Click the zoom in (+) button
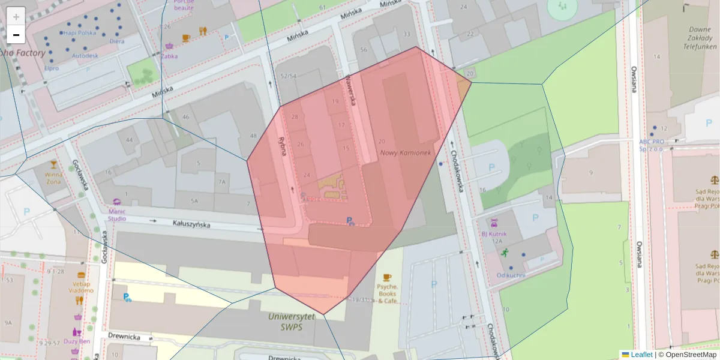click(x=16, y=16)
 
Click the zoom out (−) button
click(x=16, y=35)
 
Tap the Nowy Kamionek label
click(x=406, y=153)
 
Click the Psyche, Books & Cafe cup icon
click(x=387, y=277)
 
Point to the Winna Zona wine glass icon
click(x=54, y=165)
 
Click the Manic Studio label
click(x=117, y=214)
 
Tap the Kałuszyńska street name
click(x=191, y=224)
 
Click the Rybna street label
click(x=282, y=145)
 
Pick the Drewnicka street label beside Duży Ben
click(x=124, y=337)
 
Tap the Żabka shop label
click(x=169, y=56)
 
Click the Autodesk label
click(x=85, y=56)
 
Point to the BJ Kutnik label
click(x=494, y=234)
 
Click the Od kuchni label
click(x=511, y=275)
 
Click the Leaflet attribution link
click(x=641, y=355)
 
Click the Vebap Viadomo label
click(x=80, y=287)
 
